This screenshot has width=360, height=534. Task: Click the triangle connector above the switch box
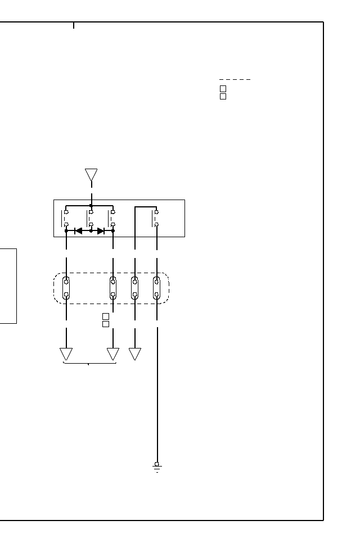[91, 175]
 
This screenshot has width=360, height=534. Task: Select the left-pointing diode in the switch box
[79, 230]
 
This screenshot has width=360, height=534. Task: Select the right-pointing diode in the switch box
[101, 230]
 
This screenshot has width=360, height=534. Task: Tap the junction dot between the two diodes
[91, 230]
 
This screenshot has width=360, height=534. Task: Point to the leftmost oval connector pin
[66, 287]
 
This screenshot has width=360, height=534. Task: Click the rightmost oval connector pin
[157, 287]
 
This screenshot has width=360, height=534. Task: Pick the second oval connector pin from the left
[113, 287]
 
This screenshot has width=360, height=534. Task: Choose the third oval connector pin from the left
[135, 287]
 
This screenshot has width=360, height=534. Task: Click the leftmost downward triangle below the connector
[66, 354]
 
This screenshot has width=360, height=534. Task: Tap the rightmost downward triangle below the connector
[135, 354]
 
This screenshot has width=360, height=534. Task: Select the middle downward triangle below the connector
[113, 354]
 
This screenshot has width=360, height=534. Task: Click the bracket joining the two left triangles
[89, 364]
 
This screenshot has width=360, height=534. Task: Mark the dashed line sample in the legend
[235, 79]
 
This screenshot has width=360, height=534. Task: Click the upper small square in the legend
[223, 89]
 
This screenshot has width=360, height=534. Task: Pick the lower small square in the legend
[223, 97]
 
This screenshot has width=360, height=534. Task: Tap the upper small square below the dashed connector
[105, 316]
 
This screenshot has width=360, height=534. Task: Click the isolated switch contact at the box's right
[156, 218]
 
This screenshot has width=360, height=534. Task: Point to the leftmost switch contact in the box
[66, 218]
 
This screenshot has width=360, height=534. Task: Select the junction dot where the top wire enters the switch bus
[91, 205]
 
